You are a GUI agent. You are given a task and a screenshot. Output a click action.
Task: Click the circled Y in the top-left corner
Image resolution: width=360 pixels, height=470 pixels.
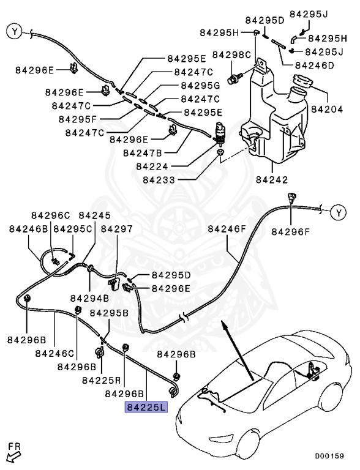(x=14, y=30)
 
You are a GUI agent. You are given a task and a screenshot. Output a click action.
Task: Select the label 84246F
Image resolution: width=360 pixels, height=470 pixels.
(x=227, y=229)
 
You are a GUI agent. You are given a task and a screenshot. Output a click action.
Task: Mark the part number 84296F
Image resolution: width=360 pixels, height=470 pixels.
(x=291, y=232)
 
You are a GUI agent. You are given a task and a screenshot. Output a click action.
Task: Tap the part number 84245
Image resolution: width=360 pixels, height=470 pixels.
(x=94, y=215)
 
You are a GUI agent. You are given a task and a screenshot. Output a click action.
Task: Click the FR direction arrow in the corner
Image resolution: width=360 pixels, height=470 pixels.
(x=13, y=455)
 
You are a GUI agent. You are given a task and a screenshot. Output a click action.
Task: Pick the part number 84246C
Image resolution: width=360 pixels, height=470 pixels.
(x=54, y=353)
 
